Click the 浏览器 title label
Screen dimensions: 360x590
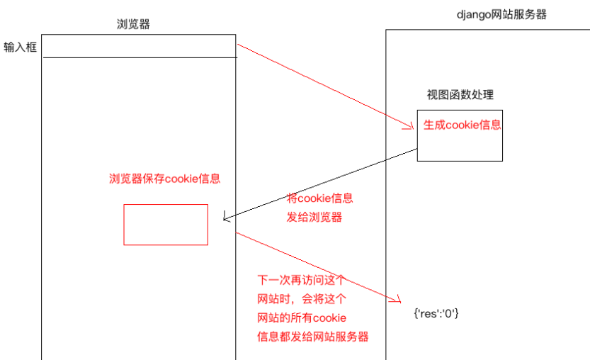point(133,24)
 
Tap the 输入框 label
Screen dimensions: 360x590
point(20,48)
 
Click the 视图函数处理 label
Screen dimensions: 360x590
point(460,96)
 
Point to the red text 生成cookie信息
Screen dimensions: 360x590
point(462,125)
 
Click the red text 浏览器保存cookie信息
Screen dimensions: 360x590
point(164,179)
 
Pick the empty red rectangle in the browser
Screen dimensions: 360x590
point(166,225)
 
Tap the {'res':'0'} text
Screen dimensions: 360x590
point(436,313)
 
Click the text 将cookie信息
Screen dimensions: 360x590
point(319,198)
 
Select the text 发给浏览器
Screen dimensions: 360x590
point(314,218)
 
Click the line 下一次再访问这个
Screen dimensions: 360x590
point(301,280)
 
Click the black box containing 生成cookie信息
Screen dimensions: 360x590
point(460,149)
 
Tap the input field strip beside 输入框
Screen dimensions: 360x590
point(139,47)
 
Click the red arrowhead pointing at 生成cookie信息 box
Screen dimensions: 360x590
point(409,127)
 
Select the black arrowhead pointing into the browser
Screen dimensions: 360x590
point(225,217)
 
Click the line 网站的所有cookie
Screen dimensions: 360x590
point(301,317)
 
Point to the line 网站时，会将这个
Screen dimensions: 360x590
point(301,298)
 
